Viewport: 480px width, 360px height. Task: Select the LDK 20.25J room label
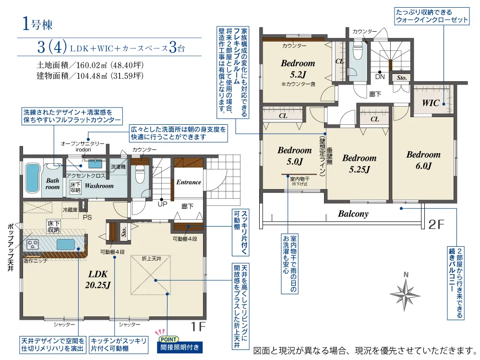click(x=98, y=279)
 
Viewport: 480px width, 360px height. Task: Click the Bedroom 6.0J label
click(x=423, y=160)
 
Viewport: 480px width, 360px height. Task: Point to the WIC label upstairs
click(x=431, y=103)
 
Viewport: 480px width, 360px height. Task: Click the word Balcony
click(x=353, y=214)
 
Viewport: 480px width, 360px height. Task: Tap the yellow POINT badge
click(x=168, y=339)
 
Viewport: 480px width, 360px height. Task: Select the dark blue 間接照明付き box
click(x=180, y=348)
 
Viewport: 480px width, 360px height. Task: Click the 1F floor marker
click(x=198, y=326)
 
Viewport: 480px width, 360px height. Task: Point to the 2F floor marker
click(x=436, y=224)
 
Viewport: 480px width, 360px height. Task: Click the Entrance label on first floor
click(x=189, y=182)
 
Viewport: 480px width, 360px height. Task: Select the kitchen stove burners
click(x=32, y=244)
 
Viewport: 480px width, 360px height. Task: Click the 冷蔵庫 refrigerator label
click(x=70, y=210)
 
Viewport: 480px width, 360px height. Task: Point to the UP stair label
click(x=162, y=204)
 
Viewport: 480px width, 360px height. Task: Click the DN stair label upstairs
click(x=380, y=76)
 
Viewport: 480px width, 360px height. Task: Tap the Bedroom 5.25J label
click(x=360, y=164)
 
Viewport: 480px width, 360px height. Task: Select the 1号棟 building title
click(x=37, y=24)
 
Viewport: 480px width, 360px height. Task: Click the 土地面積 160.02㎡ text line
click(x=90, y=65)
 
